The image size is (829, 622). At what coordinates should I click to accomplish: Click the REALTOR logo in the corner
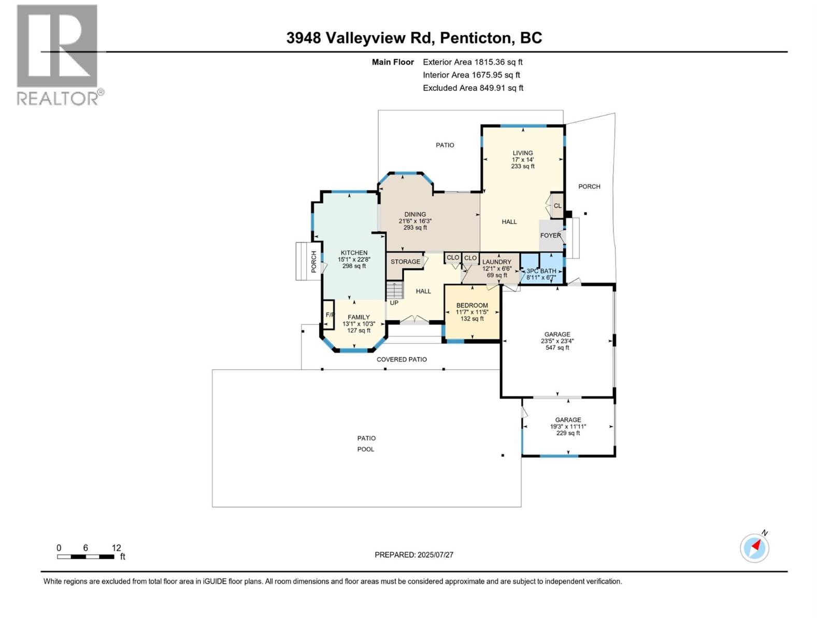(x=58, y=54)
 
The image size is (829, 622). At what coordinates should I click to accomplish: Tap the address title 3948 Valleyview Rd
(x=414, y=38)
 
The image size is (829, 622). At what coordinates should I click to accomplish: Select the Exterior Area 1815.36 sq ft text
(x=473, y=62)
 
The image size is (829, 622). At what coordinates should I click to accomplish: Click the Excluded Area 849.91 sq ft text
(x=473, y=88)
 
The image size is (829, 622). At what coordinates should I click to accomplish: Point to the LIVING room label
(x=522, y=153)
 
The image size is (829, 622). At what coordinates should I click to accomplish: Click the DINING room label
(x=415, y=214)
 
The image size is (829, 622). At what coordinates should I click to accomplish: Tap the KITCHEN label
(x=354, y=253)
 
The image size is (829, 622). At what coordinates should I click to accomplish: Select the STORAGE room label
(x=405, y=262)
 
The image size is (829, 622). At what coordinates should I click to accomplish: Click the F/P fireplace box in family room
(x=328, y=315)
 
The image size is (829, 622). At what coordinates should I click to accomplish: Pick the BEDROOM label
(x=472, y=305)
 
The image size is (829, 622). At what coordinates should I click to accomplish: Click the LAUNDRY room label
(x=496, y=262)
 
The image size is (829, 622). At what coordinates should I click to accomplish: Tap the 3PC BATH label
(x=541, y=271)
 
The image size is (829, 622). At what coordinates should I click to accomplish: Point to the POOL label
(x=366, y=449)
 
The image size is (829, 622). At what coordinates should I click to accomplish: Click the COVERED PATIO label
(x=402, y=359)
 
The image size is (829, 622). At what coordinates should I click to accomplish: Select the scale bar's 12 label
(x=116, y=548)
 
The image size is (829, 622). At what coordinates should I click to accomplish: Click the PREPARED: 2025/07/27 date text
(x=414, y=555)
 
